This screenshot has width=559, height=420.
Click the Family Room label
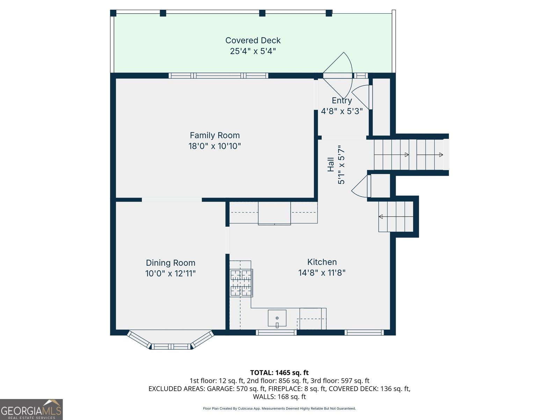click(x=215, y=135)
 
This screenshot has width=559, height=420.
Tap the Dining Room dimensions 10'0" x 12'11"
click(x=170, y=273)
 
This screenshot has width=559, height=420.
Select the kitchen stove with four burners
click(x=241, y=283)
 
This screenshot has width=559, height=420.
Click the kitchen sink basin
click(x=277, y=318)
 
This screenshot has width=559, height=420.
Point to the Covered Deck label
click(x=253, y=40)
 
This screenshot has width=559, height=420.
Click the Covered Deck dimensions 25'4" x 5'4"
click(x=253, y=51)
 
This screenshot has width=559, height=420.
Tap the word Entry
click(x=342, y=101)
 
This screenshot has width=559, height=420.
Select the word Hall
click(x=331, y=164)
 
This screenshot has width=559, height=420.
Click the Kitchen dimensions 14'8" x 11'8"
click(x=322, y=273)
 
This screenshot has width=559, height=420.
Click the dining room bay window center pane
click(x=171, y=346)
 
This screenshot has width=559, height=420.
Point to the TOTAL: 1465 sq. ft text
click(x=279, y=373)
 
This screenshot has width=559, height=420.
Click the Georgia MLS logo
click(x=31, y=409)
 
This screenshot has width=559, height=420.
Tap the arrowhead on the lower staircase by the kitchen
click(x=381, y=217)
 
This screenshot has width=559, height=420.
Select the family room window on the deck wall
click(x=218, y=76)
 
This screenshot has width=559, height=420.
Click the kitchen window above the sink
click(x=276, y=332)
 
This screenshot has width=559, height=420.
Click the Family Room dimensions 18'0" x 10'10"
click(x=215, y=146)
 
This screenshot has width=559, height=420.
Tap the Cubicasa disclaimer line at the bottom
click(x=279, y=408)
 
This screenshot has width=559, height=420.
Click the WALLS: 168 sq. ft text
click(x=279, y=397)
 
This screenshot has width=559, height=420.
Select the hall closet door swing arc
click(x=358, y=190)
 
